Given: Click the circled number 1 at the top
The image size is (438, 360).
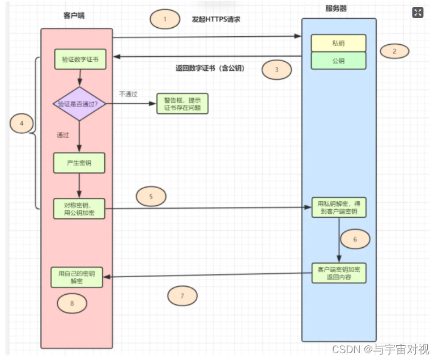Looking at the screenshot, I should (x=165, y=19).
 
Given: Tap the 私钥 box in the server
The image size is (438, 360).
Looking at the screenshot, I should (x=338, y=43).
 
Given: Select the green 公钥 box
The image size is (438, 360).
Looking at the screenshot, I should (x=338, y=60).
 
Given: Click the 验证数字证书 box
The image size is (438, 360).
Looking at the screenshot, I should (x=80, y=59).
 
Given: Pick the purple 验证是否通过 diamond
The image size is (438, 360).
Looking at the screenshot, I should (x=80, y=104).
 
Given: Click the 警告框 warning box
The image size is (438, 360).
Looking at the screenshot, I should (x=182, y=104).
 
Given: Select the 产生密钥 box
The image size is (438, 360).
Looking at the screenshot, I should (x=80, y=163).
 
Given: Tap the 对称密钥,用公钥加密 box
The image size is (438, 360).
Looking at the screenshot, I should (x=80, y=208).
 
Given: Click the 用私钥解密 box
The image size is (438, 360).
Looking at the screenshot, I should (x=338, y=207).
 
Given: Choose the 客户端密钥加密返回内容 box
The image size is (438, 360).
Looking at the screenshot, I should (x=338, y=273).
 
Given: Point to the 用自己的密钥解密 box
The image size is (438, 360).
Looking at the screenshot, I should (x=76, y=277).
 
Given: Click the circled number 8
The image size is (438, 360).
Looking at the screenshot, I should (x=72, y=303).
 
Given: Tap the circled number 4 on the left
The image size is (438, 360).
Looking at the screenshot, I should (x=22, y=123).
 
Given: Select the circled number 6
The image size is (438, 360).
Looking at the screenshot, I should (x=355, y=239).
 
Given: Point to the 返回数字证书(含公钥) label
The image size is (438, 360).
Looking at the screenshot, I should (x=210, y=68).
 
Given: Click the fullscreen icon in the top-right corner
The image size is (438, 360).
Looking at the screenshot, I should (x=418, y=12).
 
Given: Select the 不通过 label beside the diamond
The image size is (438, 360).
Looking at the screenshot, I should (x=128, y=94).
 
